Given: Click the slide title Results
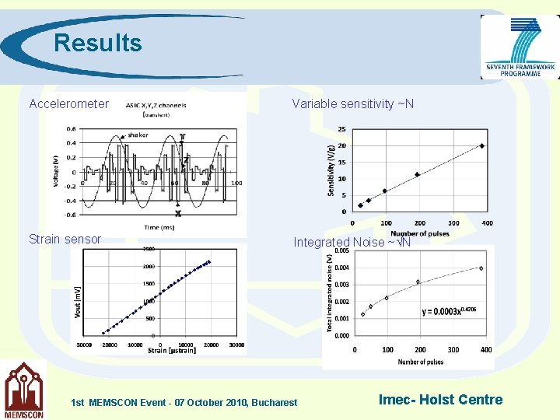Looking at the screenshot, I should pos(98,43).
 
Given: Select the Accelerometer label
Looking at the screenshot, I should pos(68,103).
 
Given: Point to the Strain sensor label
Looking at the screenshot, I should pos(65,239).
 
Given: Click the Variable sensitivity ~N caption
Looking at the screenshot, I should pos(352,103).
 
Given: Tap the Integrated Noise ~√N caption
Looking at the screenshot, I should pos(352,243).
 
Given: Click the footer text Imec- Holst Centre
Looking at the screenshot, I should pos(440,400).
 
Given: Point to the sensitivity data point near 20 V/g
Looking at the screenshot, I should pos(482,145).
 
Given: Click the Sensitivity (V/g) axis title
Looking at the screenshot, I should pos(331,170).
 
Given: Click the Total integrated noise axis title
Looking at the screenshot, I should pos(329,295).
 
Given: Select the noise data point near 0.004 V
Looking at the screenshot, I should pos(481,268).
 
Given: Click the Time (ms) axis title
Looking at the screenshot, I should pos(160,226).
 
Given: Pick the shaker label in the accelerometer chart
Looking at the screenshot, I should pos(138,135).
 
